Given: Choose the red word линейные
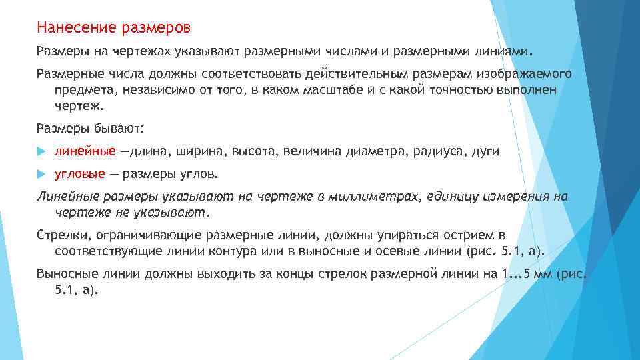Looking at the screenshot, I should pyautogui.click(x=85, y=151).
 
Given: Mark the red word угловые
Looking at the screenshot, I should pyautogui.click(x=79, y=173).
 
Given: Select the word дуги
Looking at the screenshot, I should pyautogui.click(x=485, y=151).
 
